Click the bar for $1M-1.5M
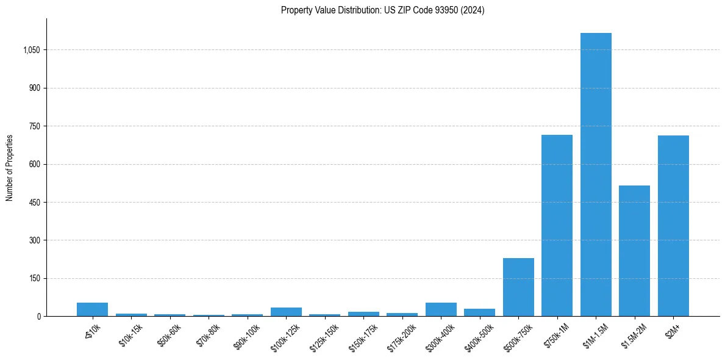pos(596,175)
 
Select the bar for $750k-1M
pos(557,226)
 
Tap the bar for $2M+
pos(673,226)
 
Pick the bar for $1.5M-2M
pos(634,251)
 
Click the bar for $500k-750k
pos(518,287)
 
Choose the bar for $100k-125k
pos(286,312)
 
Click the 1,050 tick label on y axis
pos(31,50)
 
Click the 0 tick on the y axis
pos(39,317)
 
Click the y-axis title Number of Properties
pos(9,168)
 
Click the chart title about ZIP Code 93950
pos(382,10)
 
